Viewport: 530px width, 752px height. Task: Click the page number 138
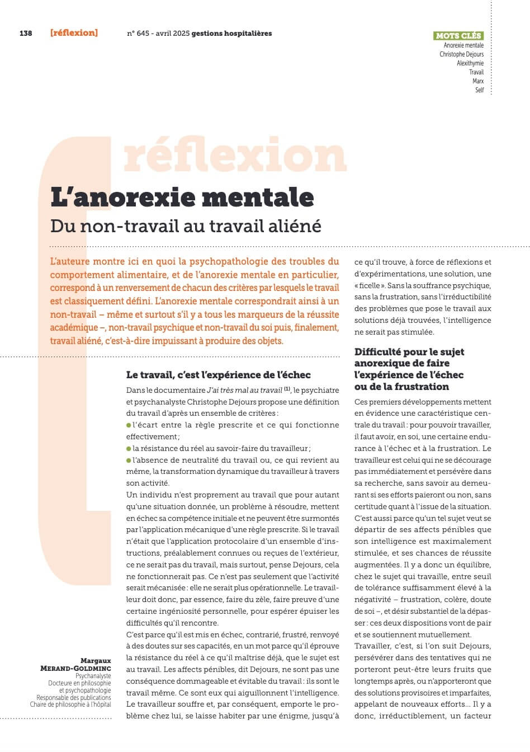26,33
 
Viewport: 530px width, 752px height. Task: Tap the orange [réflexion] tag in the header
74,32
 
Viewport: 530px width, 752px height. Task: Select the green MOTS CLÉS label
458,36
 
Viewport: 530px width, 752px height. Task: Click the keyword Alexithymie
470,63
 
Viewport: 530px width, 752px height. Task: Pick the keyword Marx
478,81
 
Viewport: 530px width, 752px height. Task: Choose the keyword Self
479,90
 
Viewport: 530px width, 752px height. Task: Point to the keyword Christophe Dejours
461,54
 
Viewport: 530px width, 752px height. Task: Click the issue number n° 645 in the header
138,33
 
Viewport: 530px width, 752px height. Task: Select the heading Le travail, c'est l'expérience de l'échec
218,374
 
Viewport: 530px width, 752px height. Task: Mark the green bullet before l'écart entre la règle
129,425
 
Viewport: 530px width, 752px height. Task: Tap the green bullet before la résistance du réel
129,448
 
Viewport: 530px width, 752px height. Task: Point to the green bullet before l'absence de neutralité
129,460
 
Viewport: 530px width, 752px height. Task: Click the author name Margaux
96,661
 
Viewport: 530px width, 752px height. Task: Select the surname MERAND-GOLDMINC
75,668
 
